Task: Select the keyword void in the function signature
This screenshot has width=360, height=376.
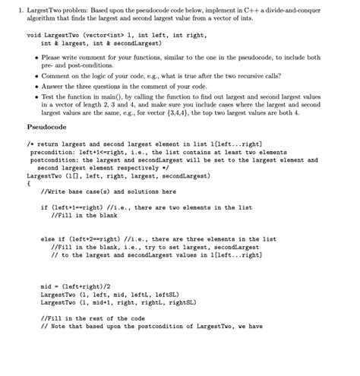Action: pos(34,35)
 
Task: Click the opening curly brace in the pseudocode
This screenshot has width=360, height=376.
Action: pos(28,183)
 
